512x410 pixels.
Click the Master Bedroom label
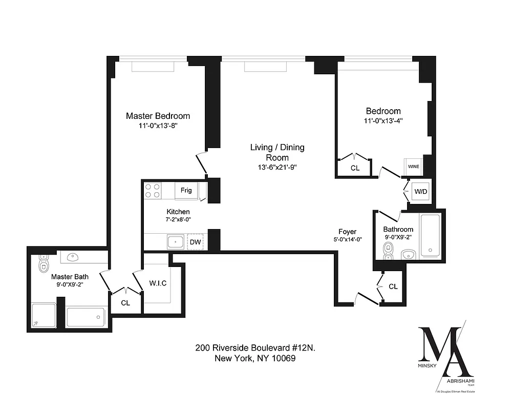pyautogui.click(x=158, y=116)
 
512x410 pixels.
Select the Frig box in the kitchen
pyautogui.click(x=186, y=191)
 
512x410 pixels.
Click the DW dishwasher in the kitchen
pyautogui.click(x=195, y=241)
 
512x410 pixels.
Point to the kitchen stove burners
pyautogui.click(x=152, y=191)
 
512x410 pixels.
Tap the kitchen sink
pyautogui.click(x=176, y=241)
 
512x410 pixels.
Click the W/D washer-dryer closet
pyautogui.click(x=420, y=191)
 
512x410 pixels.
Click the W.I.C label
pyautogui.click(x=158, y=283)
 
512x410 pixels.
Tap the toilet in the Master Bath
pyautogui.click(x=44, y=265)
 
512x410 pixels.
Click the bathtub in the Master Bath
pyautogui.click(x=86, y=317)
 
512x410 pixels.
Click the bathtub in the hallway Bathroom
pyautogui.click(x=429, y=236)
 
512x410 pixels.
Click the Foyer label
pyautogui.click(x=347, y=232)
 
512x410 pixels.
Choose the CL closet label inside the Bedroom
pyautogui.click(x=355, y=168)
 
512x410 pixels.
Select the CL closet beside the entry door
pyautogui.click(x=393, y=286)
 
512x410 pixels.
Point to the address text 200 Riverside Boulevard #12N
pyautogui.click(x=254, y=347)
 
